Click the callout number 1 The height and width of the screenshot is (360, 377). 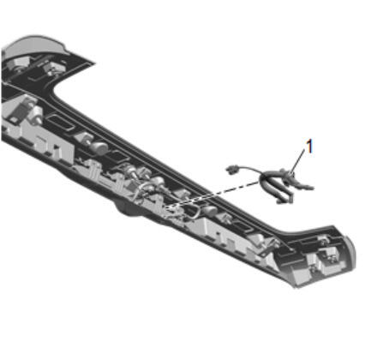click(309, 146)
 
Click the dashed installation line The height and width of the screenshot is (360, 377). click(213, 195)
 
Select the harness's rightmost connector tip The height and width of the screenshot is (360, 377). click(309, 188)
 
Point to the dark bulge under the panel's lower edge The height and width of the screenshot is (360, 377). click(129, 209)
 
